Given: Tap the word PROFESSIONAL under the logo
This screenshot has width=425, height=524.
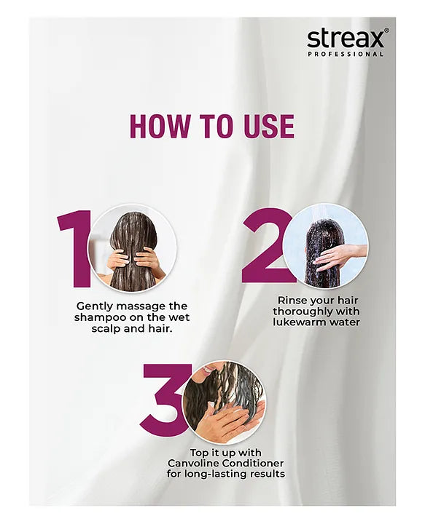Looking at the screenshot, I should (x=346, y=54).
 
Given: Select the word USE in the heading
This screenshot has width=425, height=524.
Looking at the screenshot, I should (x=265, y=126).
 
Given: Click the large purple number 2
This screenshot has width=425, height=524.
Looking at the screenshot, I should (x=267, y=245).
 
